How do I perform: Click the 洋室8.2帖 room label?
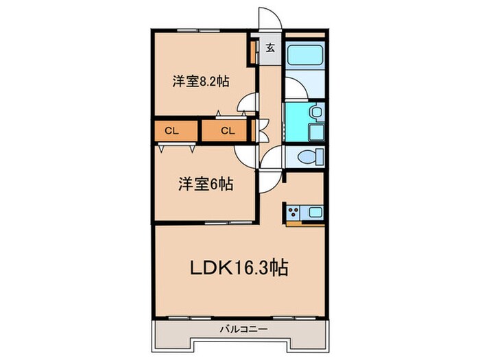pos(200,81)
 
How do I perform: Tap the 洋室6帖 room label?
pos(205,184)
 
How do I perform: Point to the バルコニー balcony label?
pos(243,329)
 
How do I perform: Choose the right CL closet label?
pos(228,130)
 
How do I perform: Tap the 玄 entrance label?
pos(270,48)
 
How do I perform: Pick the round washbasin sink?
pos(315,111)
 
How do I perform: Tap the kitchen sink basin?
pos(315,211)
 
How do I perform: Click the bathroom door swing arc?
pos(293,87)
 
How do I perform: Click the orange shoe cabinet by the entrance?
pos(254,52)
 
